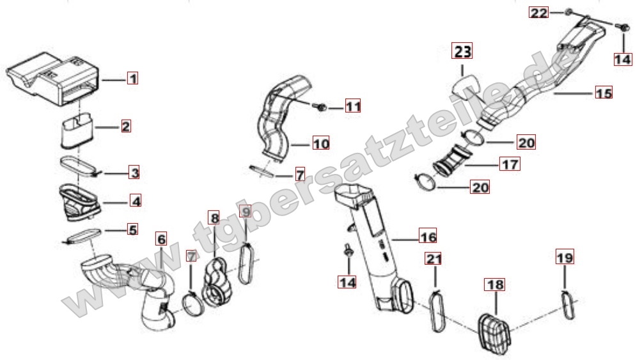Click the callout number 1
point(132,78)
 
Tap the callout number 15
point(604,93)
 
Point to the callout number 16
point(428,237)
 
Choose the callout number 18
point(494,285)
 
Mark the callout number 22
point(538,13)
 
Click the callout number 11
point(354,107)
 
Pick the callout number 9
point(246,211)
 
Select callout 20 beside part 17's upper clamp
point(526,143)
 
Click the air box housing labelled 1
point(53,79)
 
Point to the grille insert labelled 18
point(494,331)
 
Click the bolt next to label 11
point(320,107)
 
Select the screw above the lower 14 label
point(348,251)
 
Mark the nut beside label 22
point(568,12)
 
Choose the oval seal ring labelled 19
point(567,304)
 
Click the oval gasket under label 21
point(437,310)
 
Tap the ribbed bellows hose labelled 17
point(453,158)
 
